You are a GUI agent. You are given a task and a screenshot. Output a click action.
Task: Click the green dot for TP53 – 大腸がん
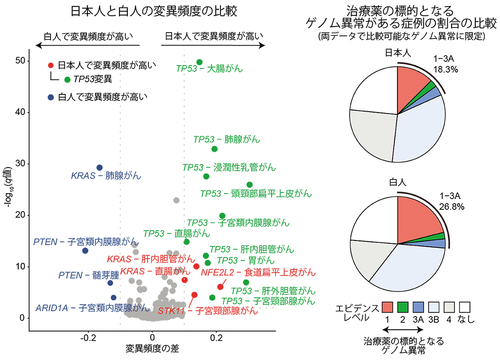[200, 62]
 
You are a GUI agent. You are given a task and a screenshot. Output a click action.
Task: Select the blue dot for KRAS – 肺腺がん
[99, 167]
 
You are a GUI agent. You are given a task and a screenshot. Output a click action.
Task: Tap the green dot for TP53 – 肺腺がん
[214, 149]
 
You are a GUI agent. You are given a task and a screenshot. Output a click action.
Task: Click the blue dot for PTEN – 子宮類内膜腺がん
[85, 251]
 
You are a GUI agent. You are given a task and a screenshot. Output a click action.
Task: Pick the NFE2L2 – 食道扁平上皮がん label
[258, 272]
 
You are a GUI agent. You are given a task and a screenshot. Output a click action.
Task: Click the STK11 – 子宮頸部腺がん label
[207, 311]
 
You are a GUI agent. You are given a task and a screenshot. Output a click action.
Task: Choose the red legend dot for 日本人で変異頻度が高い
[51, 65]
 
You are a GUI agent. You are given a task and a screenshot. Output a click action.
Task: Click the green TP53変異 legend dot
[67, 80]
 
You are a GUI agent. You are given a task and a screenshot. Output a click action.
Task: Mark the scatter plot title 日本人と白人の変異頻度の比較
[154, 12]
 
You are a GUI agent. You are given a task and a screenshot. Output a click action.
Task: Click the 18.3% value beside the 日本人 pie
[446, 69]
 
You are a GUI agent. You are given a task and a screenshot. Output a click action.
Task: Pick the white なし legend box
[465, 307]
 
